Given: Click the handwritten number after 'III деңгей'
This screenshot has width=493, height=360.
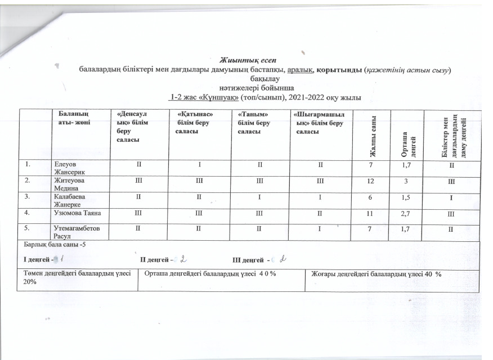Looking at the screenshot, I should coord(284,259).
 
